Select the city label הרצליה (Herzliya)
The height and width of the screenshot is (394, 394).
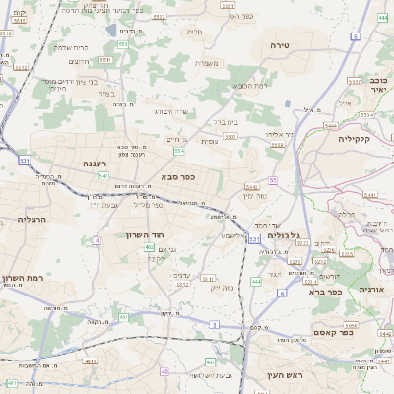pyautogui.click(x=32, y=220)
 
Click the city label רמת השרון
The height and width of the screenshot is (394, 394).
pyautogui.click(x=22, y=280)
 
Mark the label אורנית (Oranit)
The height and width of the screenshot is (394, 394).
pyautogui.click(x=370, y=289)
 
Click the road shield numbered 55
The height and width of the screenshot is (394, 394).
pyautogui.click(x=272, y=180)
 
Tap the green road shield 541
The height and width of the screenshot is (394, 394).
pyautogui.click(x=102, y=175)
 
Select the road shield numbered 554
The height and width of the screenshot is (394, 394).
pyautogui.click(x=178, y=152)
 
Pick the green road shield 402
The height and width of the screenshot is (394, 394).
pyautogui.click(x=149, y=247)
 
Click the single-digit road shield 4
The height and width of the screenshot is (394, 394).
pyautogui.click(x=97, y=240)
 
